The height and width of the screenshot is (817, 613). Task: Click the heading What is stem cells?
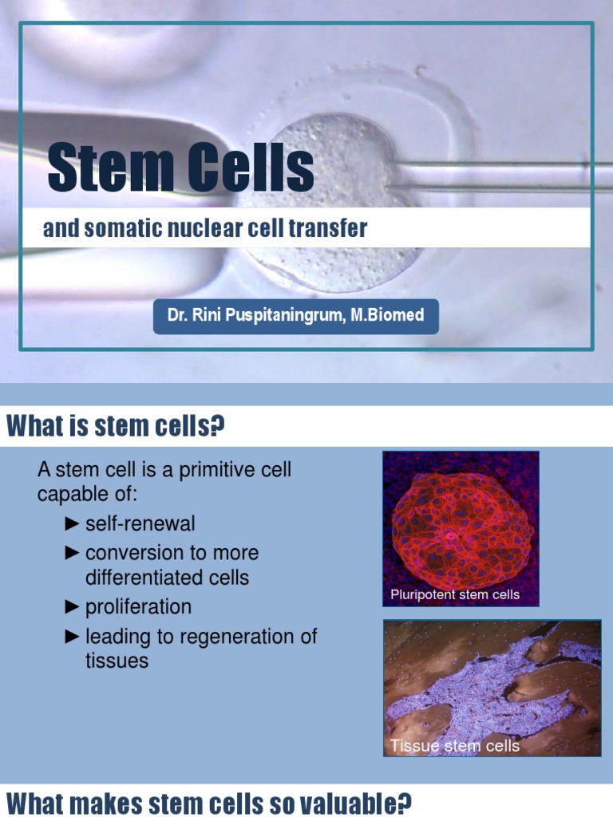pos(116,428)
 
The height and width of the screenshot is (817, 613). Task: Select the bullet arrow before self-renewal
pos(72,524)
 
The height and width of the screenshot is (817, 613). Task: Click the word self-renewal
pos(140,524)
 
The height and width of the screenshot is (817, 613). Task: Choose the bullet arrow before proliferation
pos(72,607)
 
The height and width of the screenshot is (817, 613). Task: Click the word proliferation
pos(138,607)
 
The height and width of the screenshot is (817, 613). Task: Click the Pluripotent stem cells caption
pos(455,595)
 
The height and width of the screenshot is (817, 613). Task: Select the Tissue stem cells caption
pos(455,746)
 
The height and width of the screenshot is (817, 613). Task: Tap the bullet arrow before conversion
pos(72,553)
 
